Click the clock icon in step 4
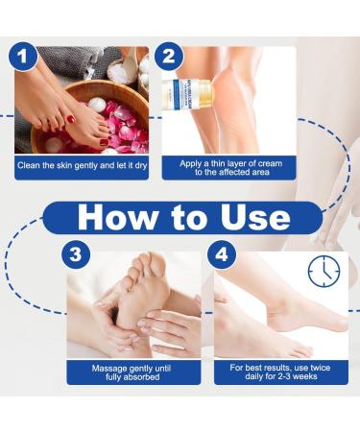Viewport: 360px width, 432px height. pyautogui.click(x=324, y=272)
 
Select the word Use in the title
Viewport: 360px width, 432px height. pyautogui.click(x=252, y=215)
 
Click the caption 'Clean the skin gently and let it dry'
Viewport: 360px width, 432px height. pyautogui.click(x=81, y=164)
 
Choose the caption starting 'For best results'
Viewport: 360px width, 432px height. pyautogui.click(x=282, y=372)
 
